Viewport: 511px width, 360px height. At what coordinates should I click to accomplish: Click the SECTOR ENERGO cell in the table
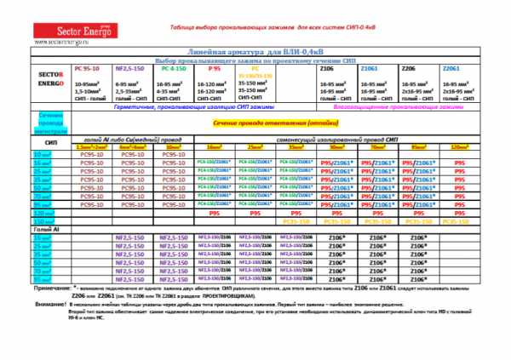(49, 82)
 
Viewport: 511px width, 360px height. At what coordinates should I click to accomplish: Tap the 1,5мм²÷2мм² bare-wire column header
(89, 146)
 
